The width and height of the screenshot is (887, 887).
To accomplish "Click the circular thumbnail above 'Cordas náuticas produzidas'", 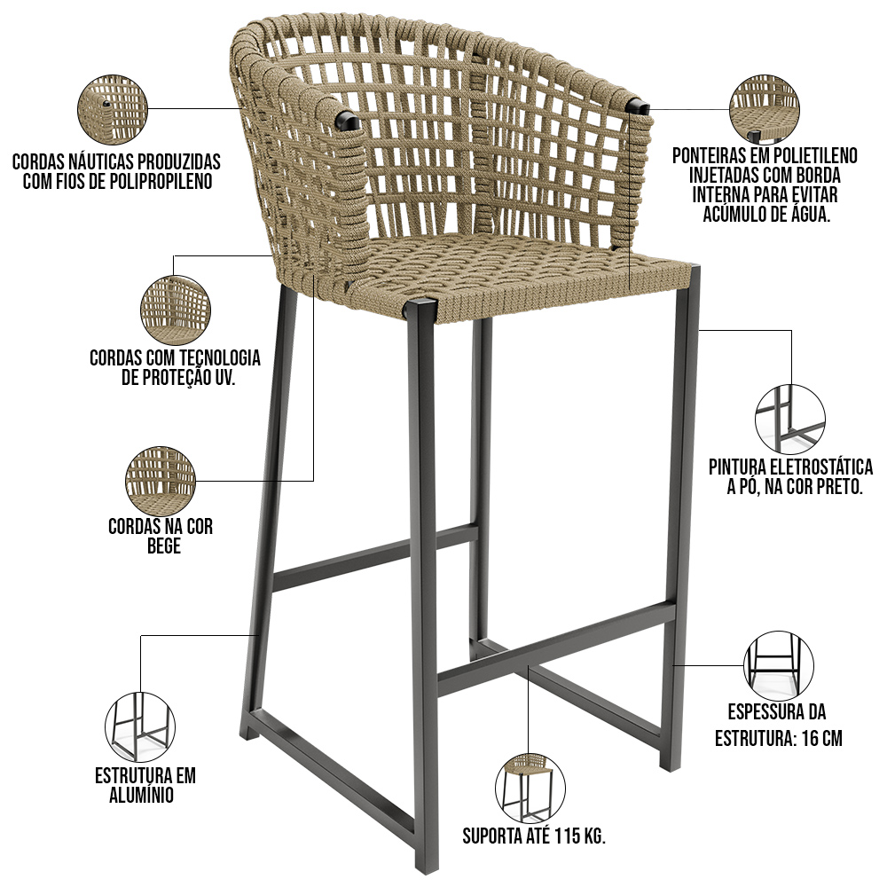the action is [x=112, y=110].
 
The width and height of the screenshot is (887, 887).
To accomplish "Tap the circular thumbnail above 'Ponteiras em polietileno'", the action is [x=765, y=110].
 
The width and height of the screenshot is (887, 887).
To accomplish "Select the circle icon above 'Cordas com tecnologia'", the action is [x=176, y=310].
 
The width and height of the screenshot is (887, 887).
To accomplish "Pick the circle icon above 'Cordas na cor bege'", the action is [x=161, y=481].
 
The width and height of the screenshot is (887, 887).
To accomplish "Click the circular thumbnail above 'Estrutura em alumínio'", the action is [x=140, y=727].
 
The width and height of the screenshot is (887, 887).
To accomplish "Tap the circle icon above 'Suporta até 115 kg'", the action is [x=530, y=788].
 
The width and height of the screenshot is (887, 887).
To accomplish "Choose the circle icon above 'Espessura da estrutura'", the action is [x=779, y=666].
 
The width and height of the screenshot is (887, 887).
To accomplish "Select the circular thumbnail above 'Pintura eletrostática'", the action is [x=790, y=420].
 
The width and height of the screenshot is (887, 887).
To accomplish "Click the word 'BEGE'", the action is [x=164, y=546].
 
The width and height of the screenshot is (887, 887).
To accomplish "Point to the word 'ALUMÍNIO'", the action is [x=141, y=795].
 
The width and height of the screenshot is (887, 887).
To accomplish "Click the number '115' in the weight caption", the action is [x=567, y=836].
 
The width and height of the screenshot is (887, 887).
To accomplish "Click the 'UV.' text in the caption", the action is [x=224, y=377].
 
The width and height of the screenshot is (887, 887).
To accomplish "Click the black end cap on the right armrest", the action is [x=638, y=106].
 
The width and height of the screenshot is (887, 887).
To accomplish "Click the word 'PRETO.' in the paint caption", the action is [x=839, y=486].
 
